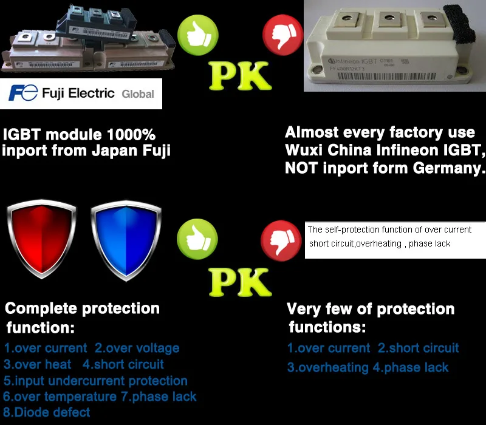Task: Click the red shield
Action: [x=41, y=239]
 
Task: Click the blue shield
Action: [x=126, y=239]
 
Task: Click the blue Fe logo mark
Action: [x=22, y=93]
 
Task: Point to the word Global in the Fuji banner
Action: [x=138, y=94]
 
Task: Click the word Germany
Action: [x=448, y=168]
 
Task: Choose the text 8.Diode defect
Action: [x=47, y=412]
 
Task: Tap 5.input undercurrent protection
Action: [x=95, y=381]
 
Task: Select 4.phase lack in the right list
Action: [x=411, y=367]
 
